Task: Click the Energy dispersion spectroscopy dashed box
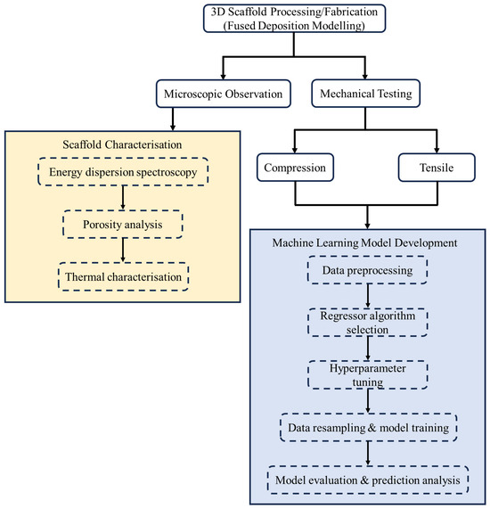tap(127, 172)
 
